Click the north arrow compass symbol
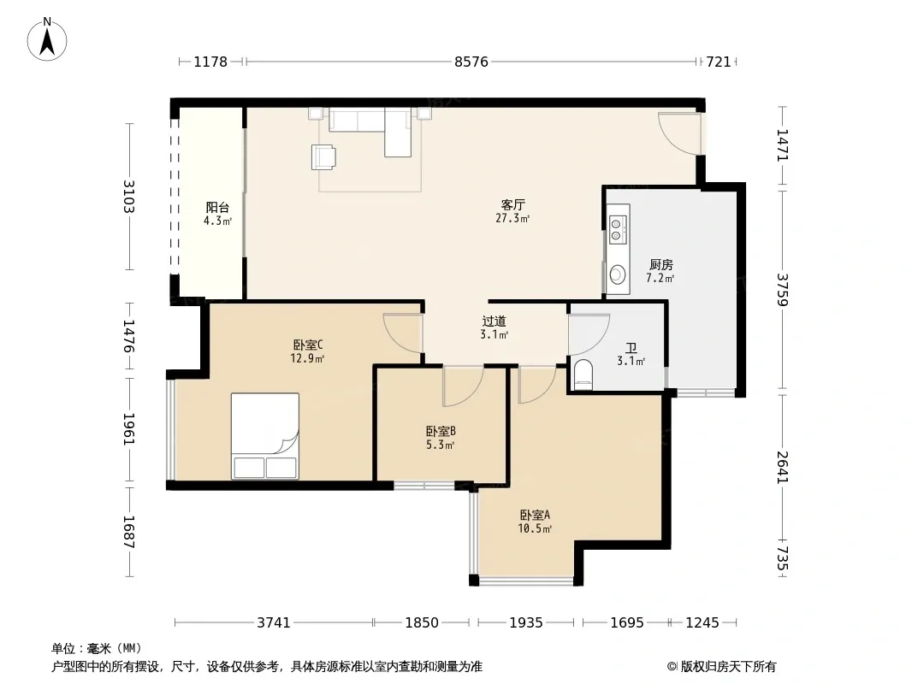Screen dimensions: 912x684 point(47,39)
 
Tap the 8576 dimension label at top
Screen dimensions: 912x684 point(471,62)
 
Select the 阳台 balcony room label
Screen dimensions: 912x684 point(217,208)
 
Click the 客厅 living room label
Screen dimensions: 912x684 point(513,204)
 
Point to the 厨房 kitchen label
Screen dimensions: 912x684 point(660,265)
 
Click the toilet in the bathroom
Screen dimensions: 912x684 point(583,374)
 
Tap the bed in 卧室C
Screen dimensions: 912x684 point(265,436)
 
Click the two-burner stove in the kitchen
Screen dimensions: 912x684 point(617,229)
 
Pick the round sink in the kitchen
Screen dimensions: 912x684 point(618,273)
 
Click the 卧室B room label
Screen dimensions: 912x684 point(441,431)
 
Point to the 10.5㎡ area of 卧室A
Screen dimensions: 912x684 point(535,528)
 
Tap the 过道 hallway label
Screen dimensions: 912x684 point(494,321)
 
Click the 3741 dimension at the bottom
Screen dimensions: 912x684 point(274,623)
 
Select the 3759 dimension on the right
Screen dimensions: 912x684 point(782,290)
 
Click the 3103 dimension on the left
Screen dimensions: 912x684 point(129,197)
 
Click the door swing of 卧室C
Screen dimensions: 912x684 point(402,333)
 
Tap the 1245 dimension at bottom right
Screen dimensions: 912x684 point(702,623)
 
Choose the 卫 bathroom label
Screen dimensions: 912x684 point(631,348)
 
